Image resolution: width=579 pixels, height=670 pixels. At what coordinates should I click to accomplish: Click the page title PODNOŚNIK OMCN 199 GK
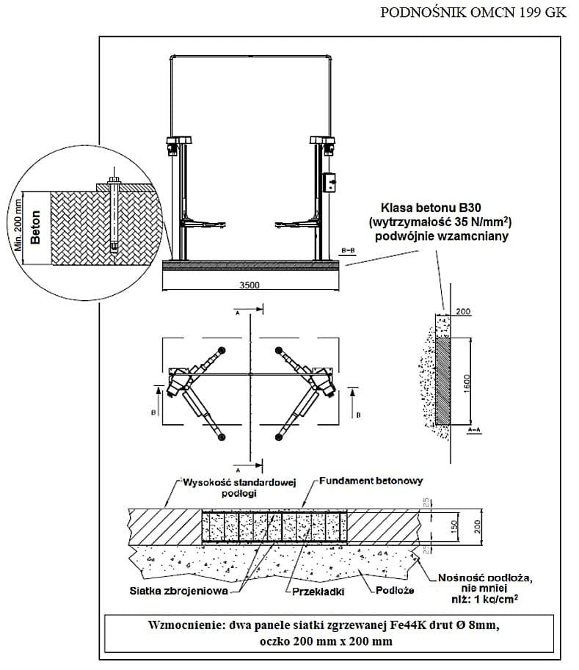coord(474,12)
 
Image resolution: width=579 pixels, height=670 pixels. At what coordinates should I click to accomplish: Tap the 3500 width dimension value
coord(250,286)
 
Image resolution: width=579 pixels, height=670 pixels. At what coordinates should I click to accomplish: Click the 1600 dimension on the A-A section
coord(467,381)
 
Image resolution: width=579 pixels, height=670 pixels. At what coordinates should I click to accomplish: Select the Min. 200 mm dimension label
coord(19,227)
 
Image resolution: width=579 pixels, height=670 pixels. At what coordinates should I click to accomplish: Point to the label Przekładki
coord(319,590)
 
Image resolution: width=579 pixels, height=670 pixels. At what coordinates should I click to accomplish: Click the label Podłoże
coord(397,590)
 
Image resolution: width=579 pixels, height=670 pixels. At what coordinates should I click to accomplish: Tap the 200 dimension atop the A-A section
coord(462,312)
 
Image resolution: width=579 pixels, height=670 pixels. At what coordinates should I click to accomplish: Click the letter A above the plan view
coord(238,313)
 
